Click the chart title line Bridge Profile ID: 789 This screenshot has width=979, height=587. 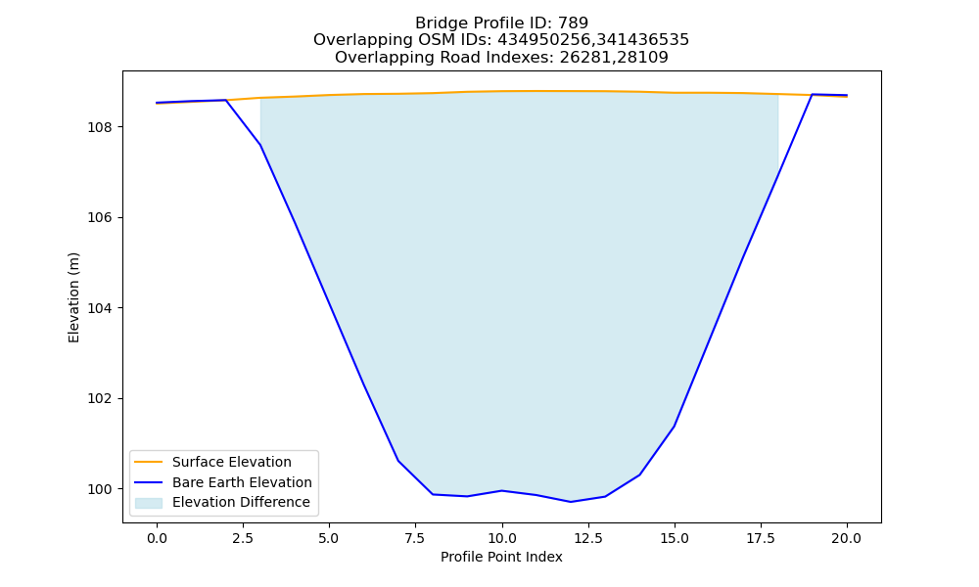(x=501, y=23)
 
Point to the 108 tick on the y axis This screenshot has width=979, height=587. (x=101, y=127)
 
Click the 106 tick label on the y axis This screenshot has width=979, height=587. (x=101, y=218)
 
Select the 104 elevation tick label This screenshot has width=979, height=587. (x=101, y=308)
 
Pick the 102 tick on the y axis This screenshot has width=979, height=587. (x=101, y=398)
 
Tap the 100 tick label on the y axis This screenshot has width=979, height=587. (x=101, y=489)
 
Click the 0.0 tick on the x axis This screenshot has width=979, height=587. (x=157, y=538)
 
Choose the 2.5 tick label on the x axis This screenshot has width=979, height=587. (x=243, y=538)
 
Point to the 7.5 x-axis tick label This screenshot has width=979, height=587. (x=415, y=538)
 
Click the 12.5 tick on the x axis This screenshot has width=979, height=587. (x=587, y=538)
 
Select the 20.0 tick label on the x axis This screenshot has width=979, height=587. (x=847, y=538)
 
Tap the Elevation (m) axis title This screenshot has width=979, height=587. (x=73, y=297)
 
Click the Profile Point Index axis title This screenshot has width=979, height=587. (x=501, y=557)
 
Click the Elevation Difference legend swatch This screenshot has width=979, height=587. (x=149, y=503)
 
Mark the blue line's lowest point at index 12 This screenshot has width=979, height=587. (x=570, y=502)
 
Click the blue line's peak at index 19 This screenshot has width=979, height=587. (x=813, y=94)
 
